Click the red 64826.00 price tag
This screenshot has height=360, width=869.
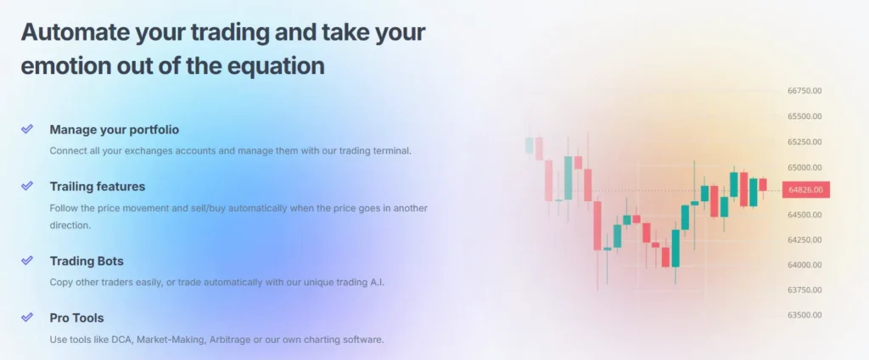(806, 189)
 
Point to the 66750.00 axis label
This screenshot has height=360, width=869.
(805, 91)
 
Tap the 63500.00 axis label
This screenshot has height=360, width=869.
(805, 315)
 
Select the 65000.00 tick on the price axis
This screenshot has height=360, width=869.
(805, 167)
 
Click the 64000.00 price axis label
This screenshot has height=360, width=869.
(805, 265)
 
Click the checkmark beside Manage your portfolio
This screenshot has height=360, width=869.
(27, 129)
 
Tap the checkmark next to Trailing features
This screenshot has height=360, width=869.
(27, 185)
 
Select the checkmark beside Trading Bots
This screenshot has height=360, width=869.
(27, 260)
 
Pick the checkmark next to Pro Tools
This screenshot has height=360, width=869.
(27, 318)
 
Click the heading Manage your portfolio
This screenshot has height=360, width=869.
(115, 130)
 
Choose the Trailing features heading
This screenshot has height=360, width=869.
(98, 187)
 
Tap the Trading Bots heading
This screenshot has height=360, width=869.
(87, 261)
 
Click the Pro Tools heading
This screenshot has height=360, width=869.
(76, 318)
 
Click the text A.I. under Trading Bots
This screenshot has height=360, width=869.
(377, 282)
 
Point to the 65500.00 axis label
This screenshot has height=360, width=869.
(805, 116)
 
